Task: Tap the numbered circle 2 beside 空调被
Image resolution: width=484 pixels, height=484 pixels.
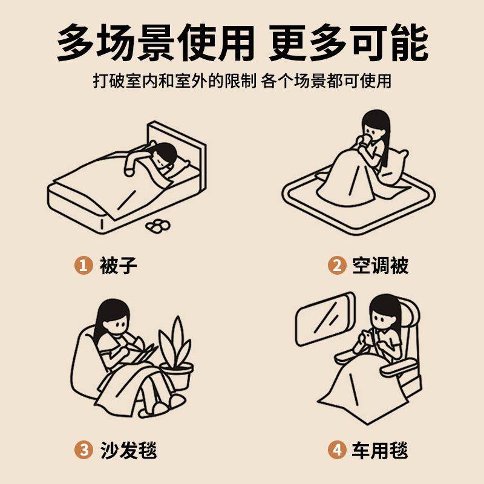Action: point(336,264)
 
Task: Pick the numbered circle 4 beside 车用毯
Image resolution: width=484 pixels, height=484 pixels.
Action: point(336,450)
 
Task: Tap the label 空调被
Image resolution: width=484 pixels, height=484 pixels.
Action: point(381,264)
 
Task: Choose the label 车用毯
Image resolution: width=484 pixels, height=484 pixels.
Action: point(381,450)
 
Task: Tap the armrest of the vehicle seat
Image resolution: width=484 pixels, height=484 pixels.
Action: point(399,366)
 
